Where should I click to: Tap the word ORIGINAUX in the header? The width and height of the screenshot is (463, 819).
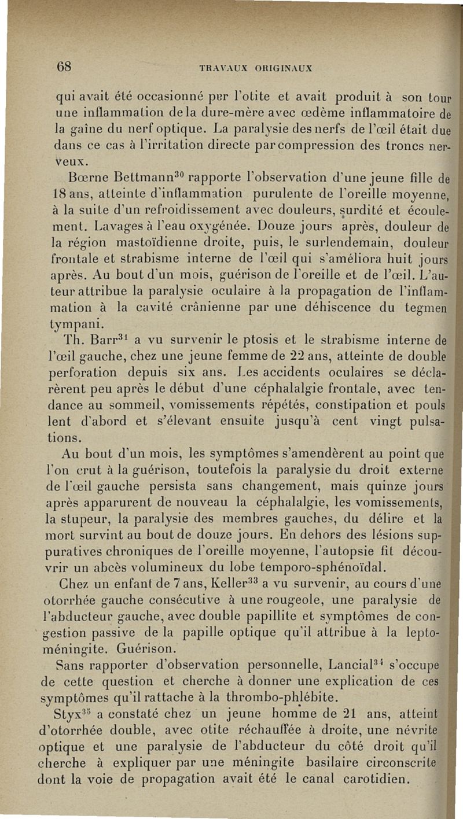tap(285, 67)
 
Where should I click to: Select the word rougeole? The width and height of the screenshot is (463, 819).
tap(302, 597)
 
